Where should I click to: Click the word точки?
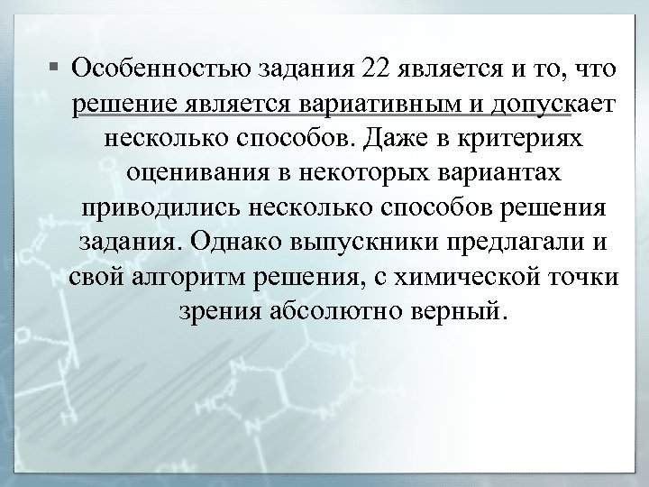(x=582, y=276)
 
